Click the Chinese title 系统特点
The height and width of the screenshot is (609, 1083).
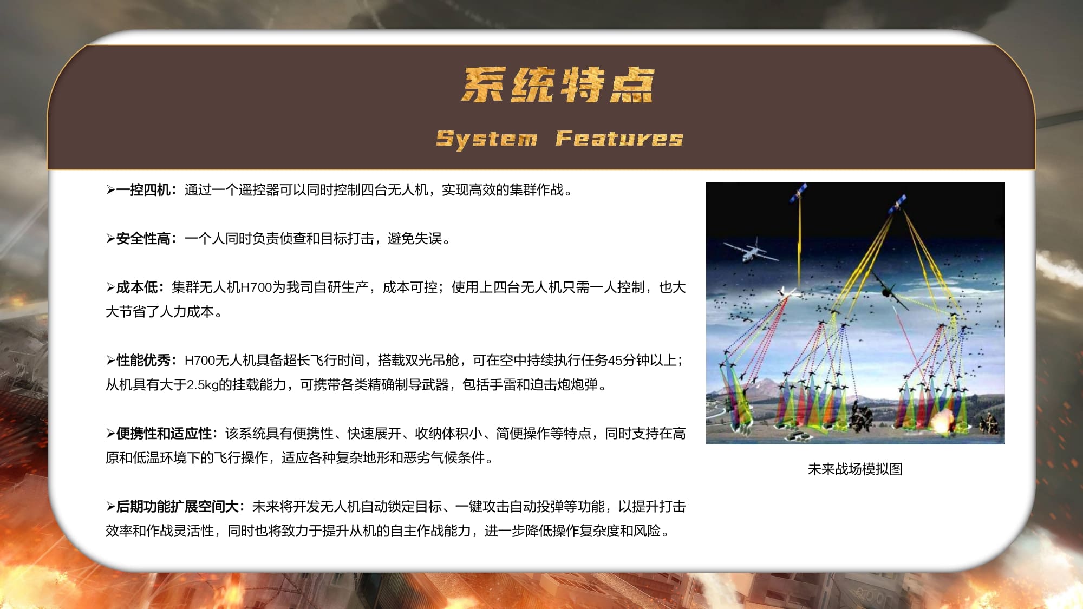pyautogui.click(x=558, y=85)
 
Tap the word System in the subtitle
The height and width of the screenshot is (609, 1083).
pyautogui.click(x=487, y=139)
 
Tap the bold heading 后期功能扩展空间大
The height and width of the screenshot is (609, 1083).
pyautogui.click(x=177, y=507)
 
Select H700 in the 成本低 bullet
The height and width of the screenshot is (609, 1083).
pyautogui.click(x=256, y=287)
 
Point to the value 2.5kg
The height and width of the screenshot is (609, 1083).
pyautogui.click(x=203, y=385)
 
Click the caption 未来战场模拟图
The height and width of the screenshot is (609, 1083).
pyautogui.click(x=855, y=469)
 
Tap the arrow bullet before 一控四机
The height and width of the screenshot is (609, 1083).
pyautogui.click(x=110, y=190)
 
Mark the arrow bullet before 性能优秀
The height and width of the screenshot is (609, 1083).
pyautogui.click(x=110, y=361)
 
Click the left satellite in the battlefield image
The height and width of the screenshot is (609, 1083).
pyautogui.click(x=798, y=192)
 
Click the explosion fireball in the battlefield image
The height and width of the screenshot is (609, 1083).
pyautogui.click(x=944, y=420)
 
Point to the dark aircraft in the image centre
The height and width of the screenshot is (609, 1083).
pyautogui.click(x=888, y=291)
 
